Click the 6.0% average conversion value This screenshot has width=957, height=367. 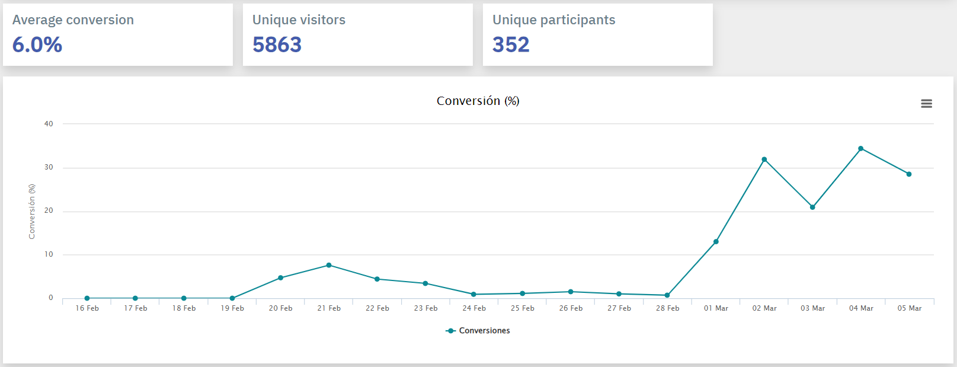tap(37, 45)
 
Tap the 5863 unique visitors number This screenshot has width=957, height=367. tap(277, 45)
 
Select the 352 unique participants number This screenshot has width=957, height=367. tap(511, 45)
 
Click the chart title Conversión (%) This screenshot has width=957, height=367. tap(478, 101)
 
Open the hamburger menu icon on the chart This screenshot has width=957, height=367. tap(926, 104)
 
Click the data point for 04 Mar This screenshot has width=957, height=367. tap(860, 149)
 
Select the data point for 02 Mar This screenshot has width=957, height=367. tap(764, 159)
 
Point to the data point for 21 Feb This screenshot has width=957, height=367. tap(329, 265)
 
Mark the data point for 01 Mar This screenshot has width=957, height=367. tap(716, 242)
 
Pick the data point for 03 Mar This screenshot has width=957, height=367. tap(812, 208)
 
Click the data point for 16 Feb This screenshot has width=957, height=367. tap(87, 298)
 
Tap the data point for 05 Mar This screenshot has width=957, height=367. tap(909, 174)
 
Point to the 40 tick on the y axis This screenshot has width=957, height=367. tap(49, 124)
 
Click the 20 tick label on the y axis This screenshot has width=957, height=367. tap(49, 211)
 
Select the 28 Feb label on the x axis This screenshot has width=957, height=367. tap(667, 308)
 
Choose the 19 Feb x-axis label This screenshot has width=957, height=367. tap(232, 308)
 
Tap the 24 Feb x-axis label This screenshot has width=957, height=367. tap(474, 308)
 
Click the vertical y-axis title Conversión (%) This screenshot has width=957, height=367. tap(32, 212)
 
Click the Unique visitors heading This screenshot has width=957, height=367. tap(299, 20)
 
